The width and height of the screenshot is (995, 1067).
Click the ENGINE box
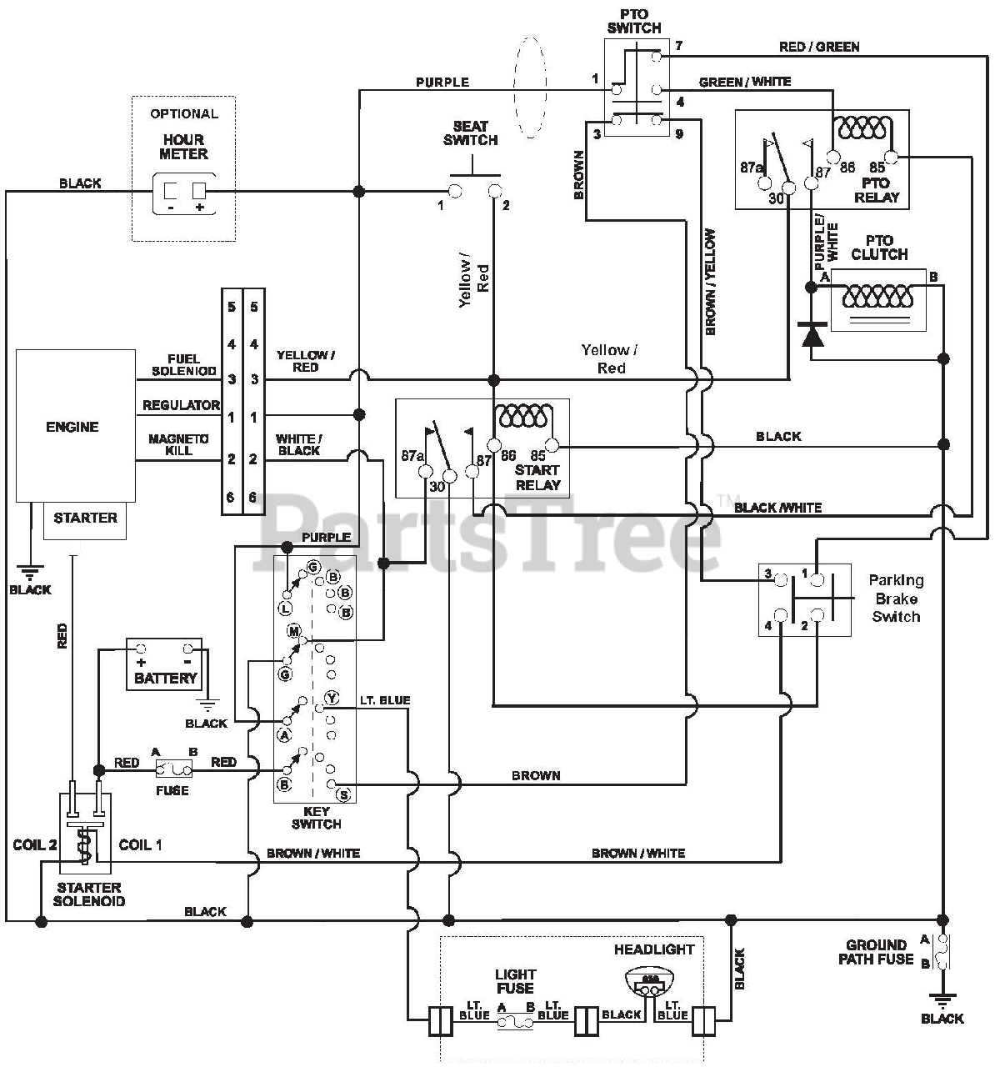click(75, 425)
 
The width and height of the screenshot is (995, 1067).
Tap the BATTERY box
click(164, 664)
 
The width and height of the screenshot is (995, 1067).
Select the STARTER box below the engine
click(85, 521)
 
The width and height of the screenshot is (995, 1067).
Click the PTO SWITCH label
click(634, 21)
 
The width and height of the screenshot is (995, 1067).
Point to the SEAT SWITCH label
click(470, 133)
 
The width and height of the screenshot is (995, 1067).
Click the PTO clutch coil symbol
click(877, 295)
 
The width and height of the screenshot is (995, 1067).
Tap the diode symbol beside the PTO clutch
click(812, 334)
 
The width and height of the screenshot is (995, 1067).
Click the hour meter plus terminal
click(199, 191)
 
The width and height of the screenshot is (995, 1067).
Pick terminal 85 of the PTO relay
click(891, 158)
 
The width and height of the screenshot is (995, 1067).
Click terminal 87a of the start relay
click(426, 472)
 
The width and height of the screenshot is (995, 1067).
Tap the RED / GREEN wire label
click(819, 48)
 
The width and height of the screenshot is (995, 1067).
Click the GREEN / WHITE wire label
click(745, 82)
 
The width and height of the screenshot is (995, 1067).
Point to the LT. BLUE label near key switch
click(385, 700)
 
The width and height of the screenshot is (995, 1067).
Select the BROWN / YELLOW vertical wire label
click(710, 282)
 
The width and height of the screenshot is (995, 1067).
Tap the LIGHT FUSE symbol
click(515, 1023)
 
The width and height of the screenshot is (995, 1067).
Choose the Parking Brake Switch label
click(896, 599)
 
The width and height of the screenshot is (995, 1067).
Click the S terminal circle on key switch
click(344, 794)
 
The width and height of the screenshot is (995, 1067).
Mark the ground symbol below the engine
click(30, 573)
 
